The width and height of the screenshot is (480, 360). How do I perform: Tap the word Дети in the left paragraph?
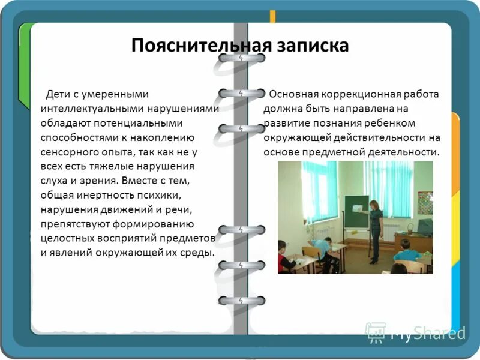57,94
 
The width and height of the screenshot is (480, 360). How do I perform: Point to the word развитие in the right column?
285,123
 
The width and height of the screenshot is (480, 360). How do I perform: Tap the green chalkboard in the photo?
355,211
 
